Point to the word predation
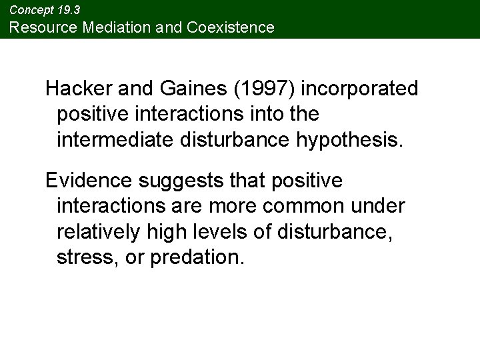[198, 257]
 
